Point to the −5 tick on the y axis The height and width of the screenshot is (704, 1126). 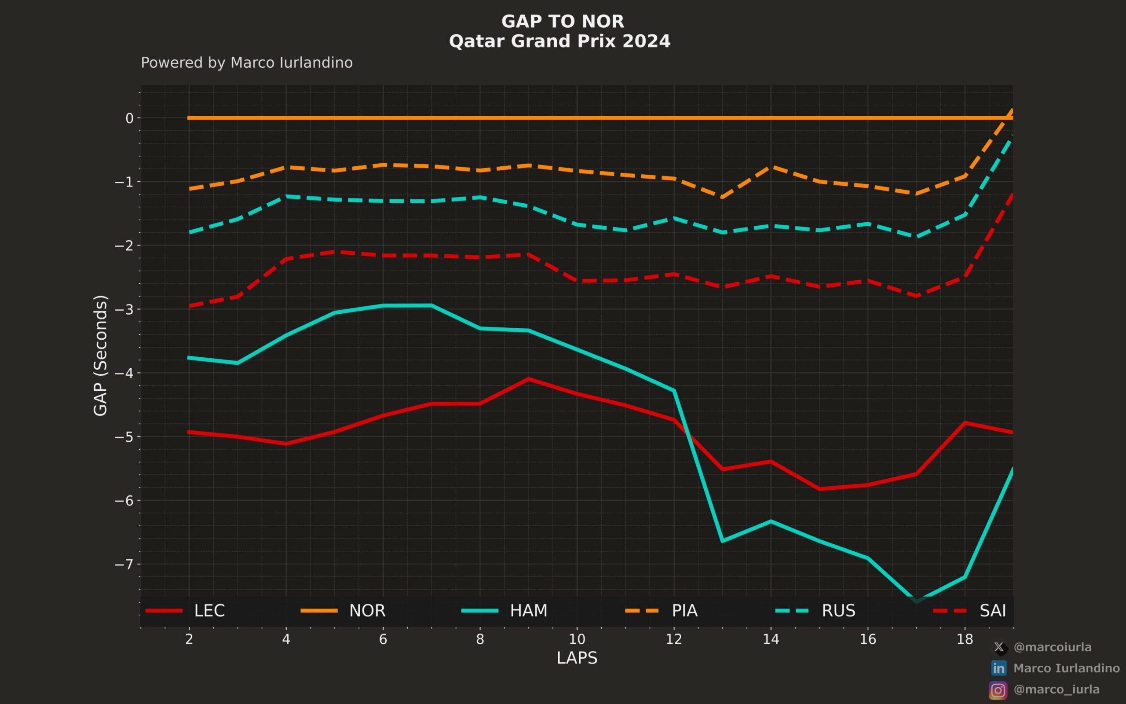pos(124,437)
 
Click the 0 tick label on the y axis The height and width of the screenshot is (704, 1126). pos(129,118)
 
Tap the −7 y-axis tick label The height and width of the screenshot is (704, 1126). pos(124,565)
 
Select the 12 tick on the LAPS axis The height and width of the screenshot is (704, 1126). pos(674,639)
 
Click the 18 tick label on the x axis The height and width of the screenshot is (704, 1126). pos(965,639)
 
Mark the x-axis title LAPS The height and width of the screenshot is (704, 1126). pos(577,658)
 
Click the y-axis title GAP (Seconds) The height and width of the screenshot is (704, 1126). pos(100,355)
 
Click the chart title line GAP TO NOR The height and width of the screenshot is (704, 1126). pos(563,22)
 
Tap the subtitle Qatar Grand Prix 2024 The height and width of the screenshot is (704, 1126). pos(560,41)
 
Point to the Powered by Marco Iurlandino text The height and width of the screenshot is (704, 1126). pos(247,63)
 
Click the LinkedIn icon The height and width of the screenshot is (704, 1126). pos(998,668)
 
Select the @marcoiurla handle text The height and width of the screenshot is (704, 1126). pos(1052,647)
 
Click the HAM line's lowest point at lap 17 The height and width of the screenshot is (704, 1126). pos(916,601)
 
